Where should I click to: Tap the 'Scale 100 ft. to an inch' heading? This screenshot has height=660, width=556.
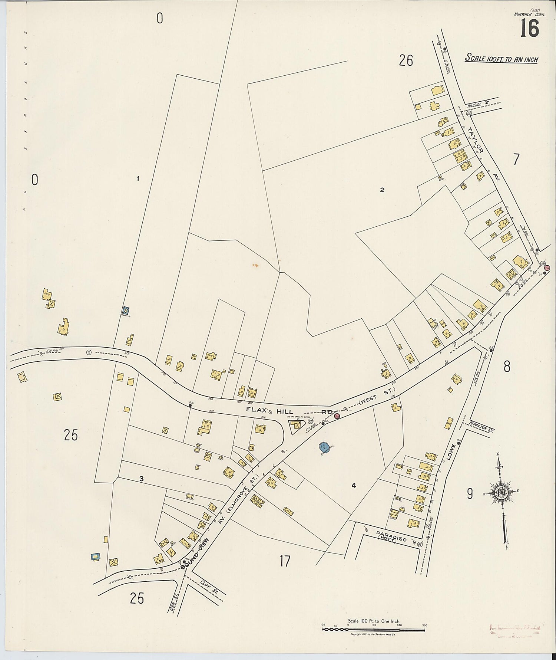tap(502, 59)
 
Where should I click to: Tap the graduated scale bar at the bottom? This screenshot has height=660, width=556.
tap(373, 628)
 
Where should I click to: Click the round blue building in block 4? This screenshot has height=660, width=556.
tap(324, 447)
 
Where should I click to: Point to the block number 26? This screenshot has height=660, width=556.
tap(406, 60)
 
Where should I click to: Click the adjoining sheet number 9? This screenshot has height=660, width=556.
tap(470, 493)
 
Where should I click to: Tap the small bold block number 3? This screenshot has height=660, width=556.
tap(141, 479)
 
